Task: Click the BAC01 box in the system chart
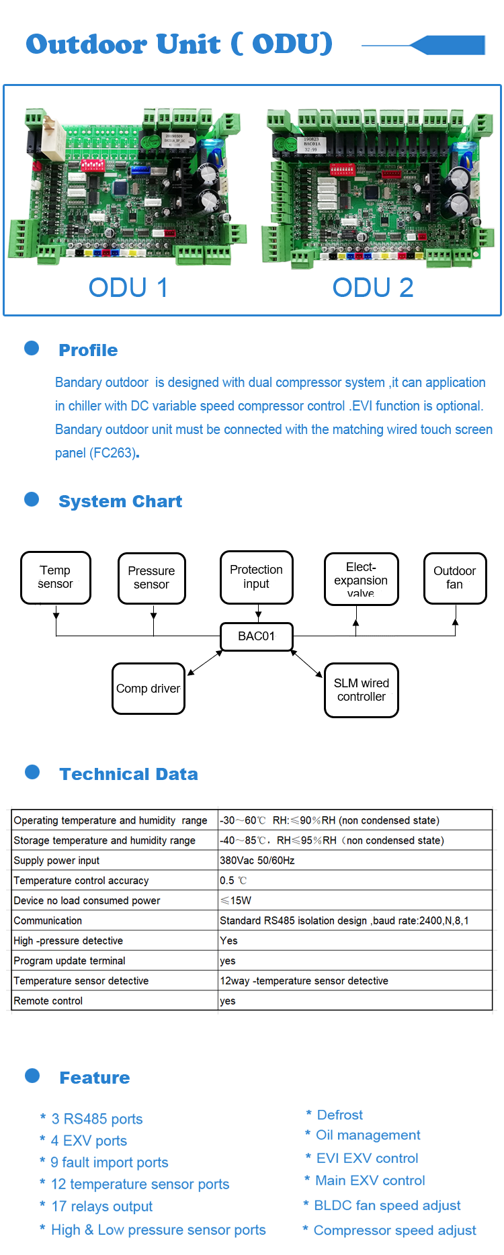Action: (257, 636)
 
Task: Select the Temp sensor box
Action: (56, 578)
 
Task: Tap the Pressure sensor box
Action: (152, 578)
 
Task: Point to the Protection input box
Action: (257, 577)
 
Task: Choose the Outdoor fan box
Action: (455, 578)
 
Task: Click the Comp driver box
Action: (149, 689)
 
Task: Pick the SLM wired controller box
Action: (362, 690)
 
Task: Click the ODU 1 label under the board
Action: (128, 288)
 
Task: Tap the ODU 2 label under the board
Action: (373, 288)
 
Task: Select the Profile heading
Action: (88, 350)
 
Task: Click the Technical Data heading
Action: (128, 774)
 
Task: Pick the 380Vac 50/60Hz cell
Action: (257, 861)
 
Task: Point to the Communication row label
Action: (48, 920)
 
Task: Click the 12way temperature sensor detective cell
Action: (304, 981)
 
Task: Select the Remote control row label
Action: (48, 1001)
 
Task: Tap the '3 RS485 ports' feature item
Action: (97, 1119)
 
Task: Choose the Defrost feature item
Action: (339, 1115)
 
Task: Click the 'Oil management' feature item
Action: (368, 1135)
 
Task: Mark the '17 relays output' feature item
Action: (101, 1207)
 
